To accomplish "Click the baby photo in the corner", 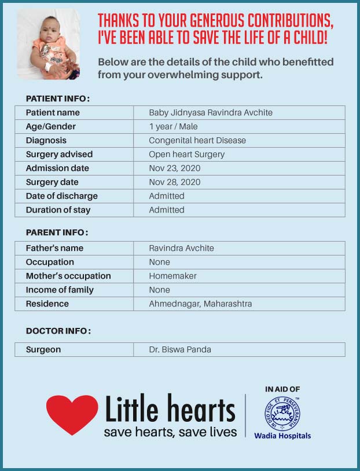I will pos(48,44).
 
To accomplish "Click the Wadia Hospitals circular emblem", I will pos(282,414).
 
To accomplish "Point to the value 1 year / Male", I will pos(173,126).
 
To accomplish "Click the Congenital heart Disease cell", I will pos(197,140).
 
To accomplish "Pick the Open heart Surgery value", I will pos(186,154).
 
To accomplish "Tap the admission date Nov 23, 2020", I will pos(175,168).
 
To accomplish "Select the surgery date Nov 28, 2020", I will pos(175,182).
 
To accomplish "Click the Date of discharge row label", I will pos(61,196).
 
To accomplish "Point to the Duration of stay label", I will pos(58,210).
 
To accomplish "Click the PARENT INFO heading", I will pos(57,232).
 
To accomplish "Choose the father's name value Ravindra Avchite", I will pos(181,248).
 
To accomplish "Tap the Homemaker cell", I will pos(172,276).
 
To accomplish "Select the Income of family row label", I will pos(60,290).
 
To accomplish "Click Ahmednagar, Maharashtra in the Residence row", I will pos(200,304).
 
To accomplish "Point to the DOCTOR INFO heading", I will pos(58,331).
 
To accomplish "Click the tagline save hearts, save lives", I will pos(170,432).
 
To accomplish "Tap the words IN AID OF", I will pos(282,389).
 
